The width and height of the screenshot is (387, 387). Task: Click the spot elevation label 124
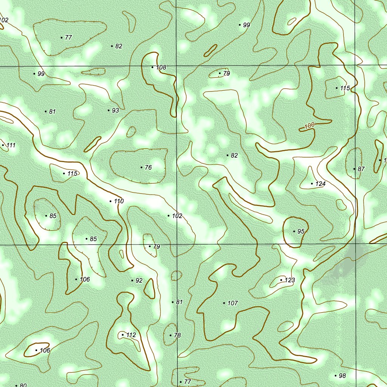click(320, 184)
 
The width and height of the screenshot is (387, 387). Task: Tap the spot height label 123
click(289, 280)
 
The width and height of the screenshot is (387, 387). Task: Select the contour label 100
click(309, 125)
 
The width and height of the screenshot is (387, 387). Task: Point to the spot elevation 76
click(148, 167)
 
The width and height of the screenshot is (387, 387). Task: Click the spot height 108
click(161, 68)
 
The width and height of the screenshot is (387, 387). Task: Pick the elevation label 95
click(300, 231)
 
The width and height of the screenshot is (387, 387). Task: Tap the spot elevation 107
click(233, 303)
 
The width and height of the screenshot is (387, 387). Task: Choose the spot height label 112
click(131, 335)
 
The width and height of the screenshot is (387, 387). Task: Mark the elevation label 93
click(115, 110)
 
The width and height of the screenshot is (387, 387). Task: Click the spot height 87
click(361, 169)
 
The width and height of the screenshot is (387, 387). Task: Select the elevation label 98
click(342, 376)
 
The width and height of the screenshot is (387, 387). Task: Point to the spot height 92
click(139, 280)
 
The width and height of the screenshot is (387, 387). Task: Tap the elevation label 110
click(119, 201)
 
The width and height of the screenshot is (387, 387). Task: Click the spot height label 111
click(11, 145)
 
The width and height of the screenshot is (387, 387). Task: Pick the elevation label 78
click(177, 335)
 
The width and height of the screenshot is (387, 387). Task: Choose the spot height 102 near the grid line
click(177, 216)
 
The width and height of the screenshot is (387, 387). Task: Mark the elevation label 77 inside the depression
click(68, 37)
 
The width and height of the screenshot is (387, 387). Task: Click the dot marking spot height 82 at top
click(112, 46)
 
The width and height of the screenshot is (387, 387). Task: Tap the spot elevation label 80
click(23, 385)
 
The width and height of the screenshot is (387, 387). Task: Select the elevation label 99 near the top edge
click(246, 25)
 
